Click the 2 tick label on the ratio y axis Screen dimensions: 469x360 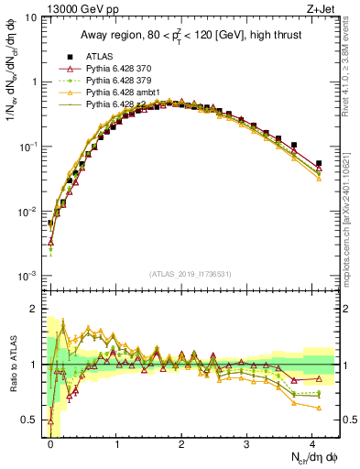coord(37,309)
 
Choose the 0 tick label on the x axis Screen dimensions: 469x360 coord(50,443)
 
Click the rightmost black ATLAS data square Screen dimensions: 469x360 coord(319,164)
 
